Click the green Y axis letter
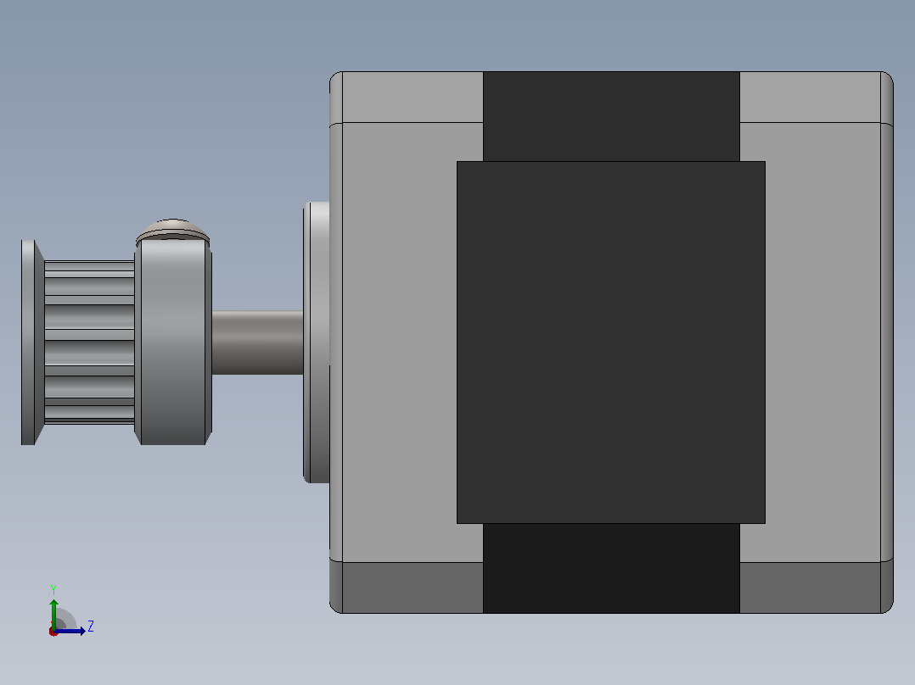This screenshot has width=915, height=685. click(53, 590)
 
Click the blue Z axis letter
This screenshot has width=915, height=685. click(91, 627)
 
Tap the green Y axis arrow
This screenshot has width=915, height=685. click(53, 615)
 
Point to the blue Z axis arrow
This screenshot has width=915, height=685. click(70, 631)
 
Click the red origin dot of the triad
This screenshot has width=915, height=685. click(53, 632)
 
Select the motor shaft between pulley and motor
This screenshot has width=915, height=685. click(257, 342)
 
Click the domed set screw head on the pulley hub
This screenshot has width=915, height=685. click(173, 230)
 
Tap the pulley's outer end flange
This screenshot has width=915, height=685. click(32, 342)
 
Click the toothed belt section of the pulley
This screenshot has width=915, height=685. click(89, 342)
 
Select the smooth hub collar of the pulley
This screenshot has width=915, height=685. click(173, 342)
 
